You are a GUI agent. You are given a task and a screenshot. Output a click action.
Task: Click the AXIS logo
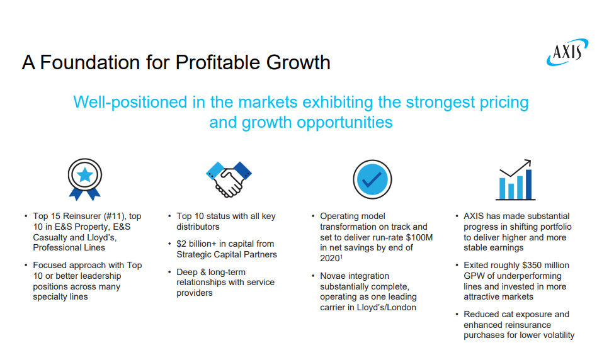(x=567, y=52)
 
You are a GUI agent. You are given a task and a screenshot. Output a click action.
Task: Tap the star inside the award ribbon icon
(x=84, y=175)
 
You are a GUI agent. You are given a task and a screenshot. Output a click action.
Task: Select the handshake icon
(x=229, y=179)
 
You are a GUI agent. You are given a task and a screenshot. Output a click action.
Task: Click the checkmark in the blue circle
(x=372, y=179)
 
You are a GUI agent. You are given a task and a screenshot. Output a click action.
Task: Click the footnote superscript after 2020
(x=341, y=256)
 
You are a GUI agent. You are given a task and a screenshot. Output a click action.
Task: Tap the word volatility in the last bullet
(x=557, y=335)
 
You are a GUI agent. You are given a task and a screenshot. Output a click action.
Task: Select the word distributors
(x=198, y=227)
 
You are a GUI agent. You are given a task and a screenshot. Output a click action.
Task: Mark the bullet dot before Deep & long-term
(x=169, y=272)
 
